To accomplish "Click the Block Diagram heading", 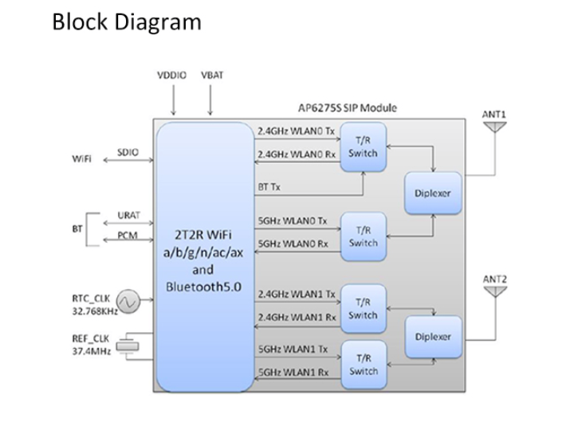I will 126,21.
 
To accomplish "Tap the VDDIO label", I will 171,75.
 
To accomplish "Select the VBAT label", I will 211,75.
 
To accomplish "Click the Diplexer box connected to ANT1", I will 433,193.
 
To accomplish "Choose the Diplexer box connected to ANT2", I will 433,336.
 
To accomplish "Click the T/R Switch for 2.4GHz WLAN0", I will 363,147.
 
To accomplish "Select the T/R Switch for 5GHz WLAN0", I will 363,236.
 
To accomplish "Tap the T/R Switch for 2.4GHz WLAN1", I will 363,308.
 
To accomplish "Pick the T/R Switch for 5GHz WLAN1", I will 363,365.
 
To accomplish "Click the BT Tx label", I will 269,186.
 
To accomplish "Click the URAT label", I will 128,216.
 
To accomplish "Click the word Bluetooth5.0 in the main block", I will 203,286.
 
